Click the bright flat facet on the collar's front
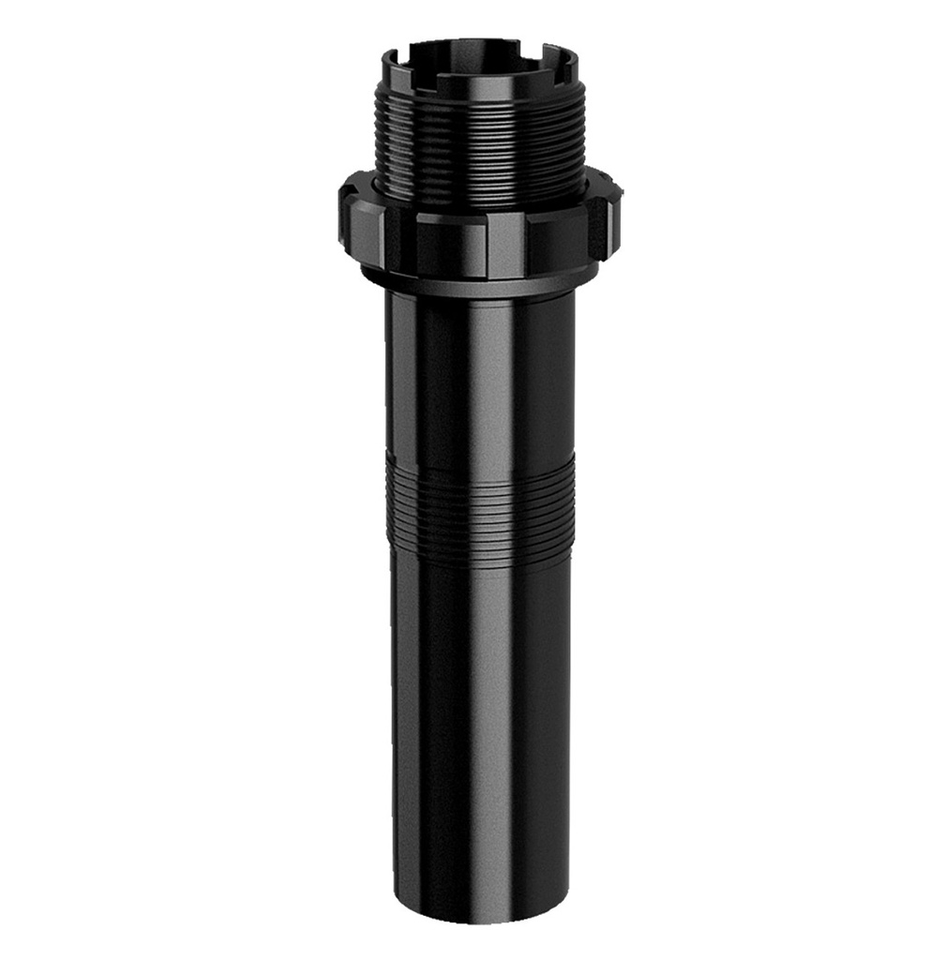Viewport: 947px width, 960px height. coord(504,244)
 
